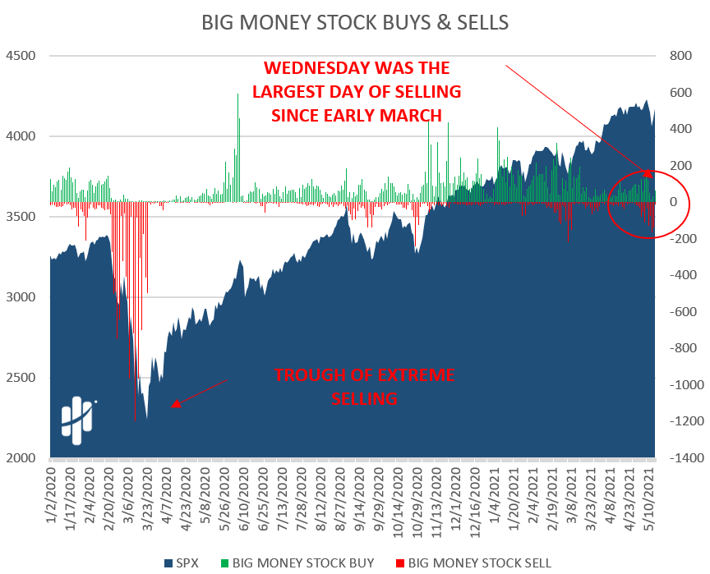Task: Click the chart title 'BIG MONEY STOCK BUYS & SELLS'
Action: (x=355, y=22)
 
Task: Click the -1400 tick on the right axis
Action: (x=684, y=458)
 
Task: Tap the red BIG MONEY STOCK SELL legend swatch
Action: (x=400, y=563)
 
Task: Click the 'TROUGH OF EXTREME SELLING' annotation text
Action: (x=364, y=387)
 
